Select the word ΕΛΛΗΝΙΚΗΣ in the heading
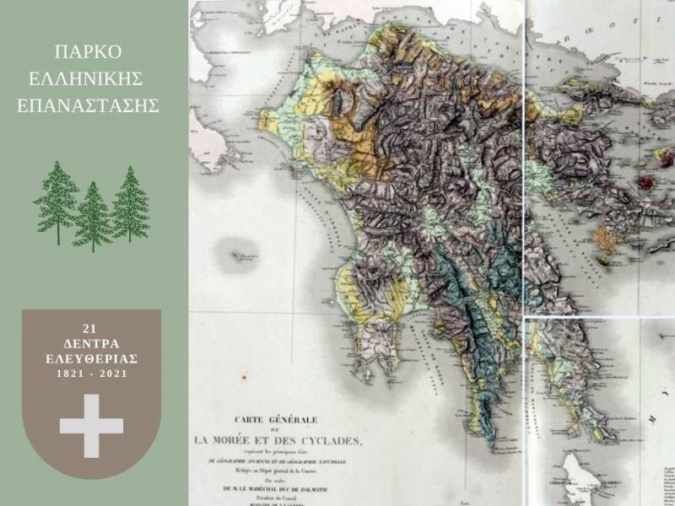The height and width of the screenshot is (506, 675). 92,79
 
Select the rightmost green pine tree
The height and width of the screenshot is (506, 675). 130,204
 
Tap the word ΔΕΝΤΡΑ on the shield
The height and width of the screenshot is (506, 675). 91,344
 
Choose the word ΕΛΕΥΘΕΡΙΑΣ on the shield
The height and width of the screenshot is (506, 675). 91,358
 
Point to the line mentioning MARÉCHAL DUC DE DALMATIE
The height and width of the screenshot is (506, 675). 278,487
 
